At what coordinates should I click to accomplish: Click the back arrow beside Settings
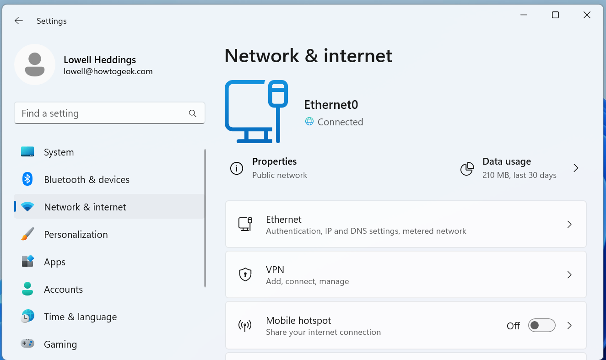pyautogui.click(x=18, y=21)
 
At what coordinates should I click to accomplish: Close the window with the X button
pyautogui.click(x=587, y=15)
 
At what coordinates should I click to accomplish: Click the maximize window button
pyautogui.click(x=555, y=15)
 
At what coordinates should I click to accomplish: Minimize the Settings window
pyautogui.click(x=524, y=15)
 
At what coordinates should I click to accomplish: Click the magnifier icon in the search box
pyautogui.click(x=193, y=113)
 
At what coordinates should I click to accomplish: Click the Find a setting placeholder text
pyautogui.click(x=50, y=113)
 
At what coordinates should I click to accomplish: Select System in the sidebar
pyautogui.click(x=59, y=152)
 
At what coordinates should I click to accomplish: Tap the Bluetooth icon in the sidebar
pyautogui.click(x=27, y=179)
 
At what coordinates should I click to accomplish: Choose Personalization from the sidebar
pyautogui.click(x=76, y=235)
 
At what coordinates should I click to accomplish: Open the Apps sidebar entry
pyautogui.click(x=54, y=262)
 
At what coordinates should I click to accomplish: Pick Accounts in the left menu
pyautogui.click(x=63, y=290)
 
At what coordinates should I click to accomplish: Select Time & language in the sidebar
pyautogui.click(x=80, y=317)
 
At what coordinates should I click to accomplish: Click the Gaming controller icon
pyautogui.click(x=27, y=344)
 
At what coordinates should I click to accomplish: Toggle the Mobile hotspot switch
pyautogui.click(x=541, y=325)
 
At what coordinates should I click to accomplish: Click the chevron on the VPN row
pyautogui.click(x=569, y=275)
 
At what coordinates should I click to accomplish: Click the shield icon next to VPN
pyautogui.click(x=246, y=275)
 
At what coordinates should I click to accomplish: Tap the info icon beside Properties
pyautogui.click(x=237, y=168)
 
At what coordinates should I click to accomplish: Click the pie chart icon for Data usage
pyautogui.click(x=467, y=168)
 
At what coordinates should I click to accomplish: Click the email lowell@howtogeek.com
pyautogui.click(x=108, y=71)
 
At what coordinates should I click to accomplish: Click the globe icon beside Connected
pyautogui.click(x=309, y=122)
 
